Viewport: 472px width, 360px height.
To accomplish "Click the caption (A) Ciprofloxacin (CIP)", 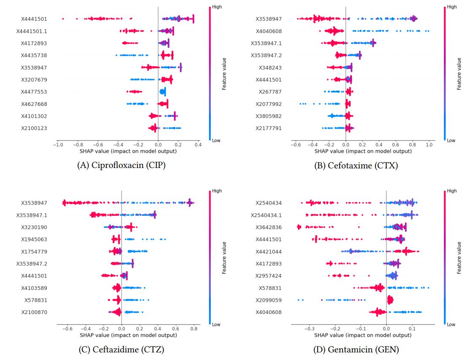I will (x=121, y=165).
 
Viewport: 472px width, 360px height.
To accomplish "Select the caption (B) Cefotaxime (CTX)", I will (x=356, y=165).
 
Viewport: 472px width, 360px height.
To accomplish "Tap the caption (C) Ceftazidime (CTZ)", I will (x=121, y=349).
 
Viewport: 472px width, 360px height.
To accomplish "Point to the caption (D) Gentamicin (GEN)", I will (x=356, y=349).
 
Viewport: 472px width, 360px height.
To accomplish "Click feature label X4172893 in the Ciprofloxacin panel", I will (x=34, y=43).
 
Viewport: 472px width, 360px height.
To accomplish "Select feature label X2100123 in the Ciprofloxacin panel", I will (x=34, y=128).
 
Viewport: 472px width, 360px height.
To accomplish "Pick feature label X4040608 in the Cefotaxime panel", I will (x=266, y=31).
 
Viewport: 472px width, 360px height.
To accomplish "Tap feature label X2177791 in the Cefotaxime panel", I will (x=266, y=128).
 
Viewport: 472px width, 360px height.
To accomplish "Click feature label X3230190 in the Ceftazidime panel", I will (x=34, y=227).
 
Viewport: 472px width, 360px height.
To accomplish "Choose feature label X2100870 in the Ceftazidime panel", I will (x=34, y=312).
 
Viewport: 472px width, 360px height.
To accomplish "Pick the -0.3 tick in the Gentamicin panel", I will (x=309, y=328).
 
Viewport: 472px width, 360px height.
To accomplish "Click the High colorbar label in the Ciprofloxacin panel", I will (x=216, y=7).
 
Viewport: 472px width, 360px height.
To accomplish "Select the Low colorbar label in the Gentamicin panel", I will (x=451, y=324).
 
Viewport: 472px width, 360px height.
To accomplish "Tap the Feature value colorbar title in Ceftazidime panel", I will (x=224, y=257).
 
